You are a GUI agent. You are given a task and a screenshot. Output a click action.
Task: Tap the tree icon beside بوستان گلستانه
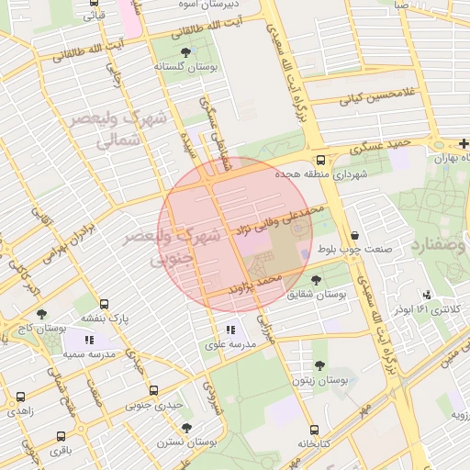point(187,51)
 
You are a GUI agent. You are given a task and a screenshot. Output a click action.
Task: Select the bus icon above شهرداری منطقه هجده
point(319,158)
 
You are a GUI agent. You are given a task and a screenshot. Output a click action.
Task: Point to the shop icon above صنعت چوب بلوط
point(354,235)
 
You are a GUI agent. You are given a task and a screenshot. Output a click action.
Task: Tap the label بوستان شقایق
point(316,295)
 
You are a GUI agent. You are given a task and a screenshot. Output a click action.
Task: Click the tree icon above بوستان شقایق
point(317,280)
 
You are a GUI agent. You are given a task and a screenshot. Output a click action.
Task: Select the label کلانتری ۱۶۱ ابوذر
point(428,309)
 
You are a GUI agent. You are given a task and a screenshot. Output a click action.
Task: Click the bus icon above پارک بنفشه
point(104,304)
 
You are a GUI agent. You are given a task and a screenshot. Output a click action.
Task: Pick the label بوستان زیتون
point(319,380)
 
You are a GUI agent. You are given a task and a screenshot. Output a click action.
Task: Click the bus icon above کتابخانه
point(314,430)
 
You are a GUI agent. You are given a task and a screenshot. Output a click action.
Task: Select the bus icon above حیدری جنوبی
point(153,389)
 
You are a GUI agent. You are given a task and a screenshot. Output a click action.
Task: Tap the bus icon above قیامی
point(93,3)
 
